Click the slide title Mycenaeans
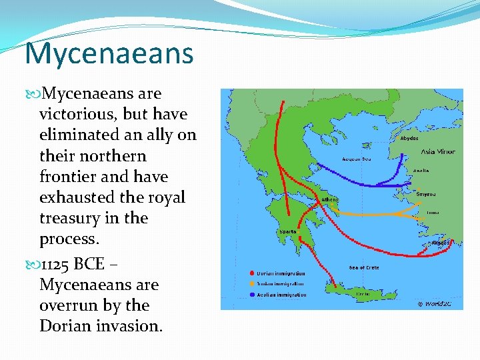(x=109, y=53)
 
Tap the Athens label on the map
(x=330, y=199)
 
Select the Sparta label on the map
(x=288, y=231)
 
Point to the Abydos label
(x=409, y=139)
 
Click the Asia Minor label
(x=437, y=151)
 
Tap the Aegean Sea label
(x=356, y=159)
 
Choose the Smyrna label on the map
(x=426, y=194)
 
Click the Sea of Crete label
(x=363, y=268)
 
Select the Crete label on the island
(x=363, y=293)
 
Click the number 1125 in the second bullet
(x=55, y=264)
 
